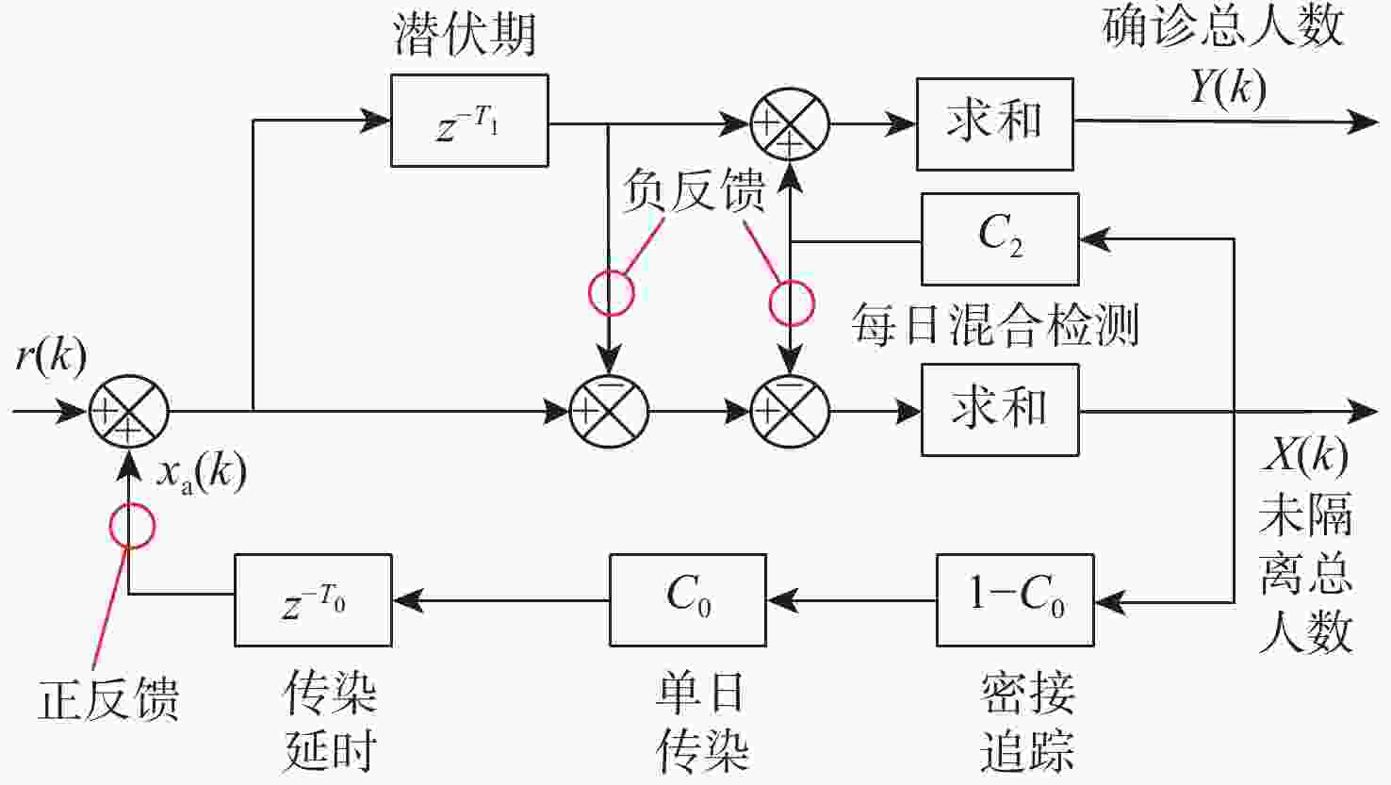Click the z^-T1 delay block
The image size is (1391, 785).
[x=469, y=122]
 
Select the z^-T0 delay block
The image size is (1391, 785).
[x=313, y=600]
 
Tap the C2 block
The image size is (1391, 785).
[x=999, y=239]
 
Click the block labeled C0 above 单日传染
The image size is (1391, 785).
[x=687, y=600]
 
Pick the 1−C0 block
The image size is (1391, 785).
[x=1015, y=600]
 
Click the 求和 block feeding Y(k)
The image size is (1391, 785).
[x=994, y=123]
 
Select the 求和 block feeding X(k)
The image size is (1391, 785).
[x=999, y=411]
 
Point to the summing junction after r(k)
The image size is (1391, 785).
[x=129, y=412]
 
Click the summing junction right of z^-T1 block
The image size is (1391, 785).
[x=790, y=123]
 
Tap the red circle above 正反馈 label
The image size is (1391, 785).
[x=131, y=525]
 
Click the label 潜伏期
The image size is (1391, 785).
[x=465, y=35]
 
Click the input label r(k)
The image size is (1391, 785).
[x=51, y=357]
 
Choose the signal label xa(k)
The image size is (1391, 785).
[x=201, y=471]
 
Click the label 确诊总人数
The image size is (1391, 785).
[x=1222, y=26]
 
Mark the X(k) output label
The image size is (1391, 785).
[x=1305, y=456]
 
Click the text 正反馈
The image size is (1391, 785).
[x=107, y=699]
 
